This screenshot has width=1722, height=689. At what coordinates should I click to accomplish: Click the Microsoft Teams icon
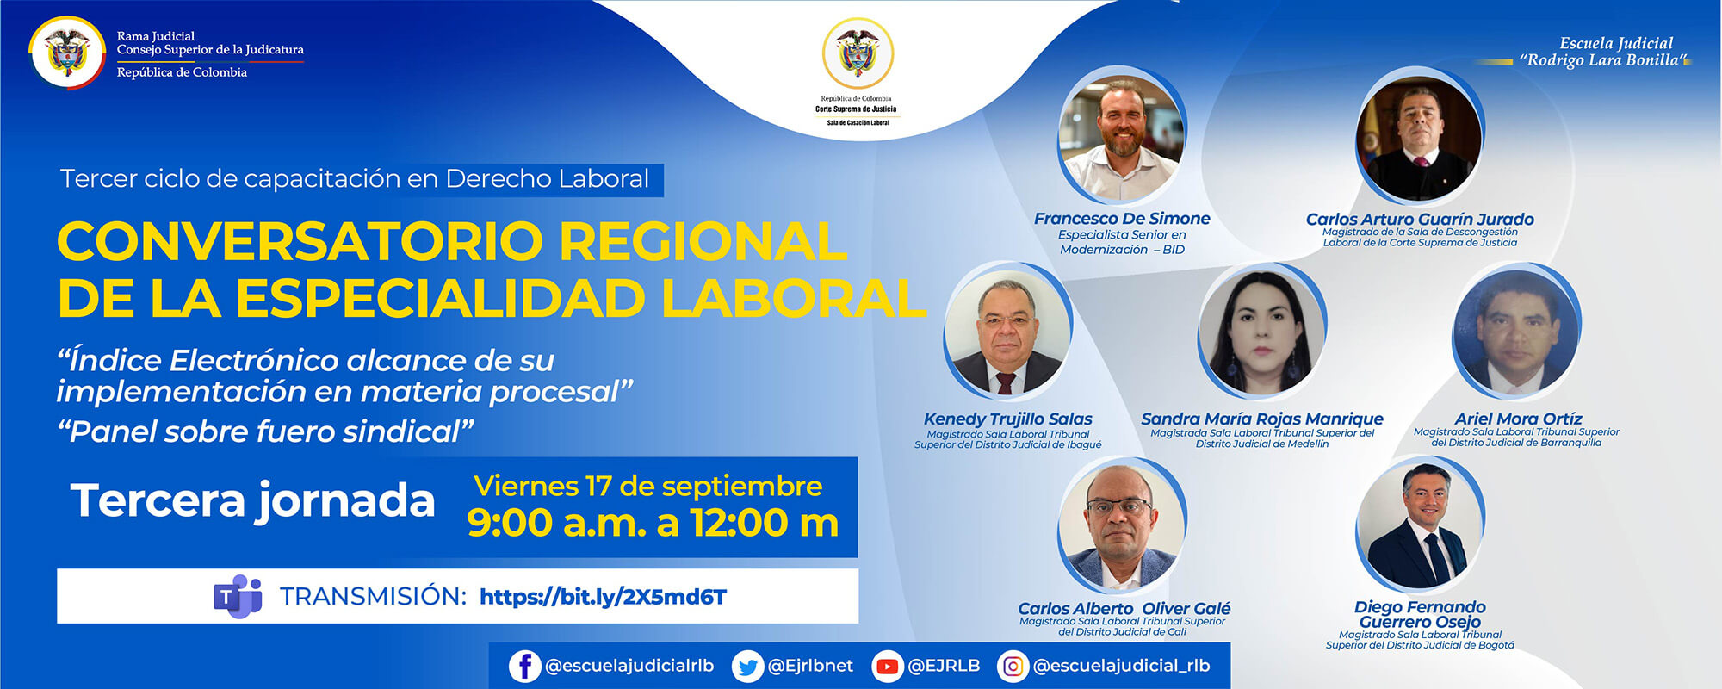click(x=238, y=596)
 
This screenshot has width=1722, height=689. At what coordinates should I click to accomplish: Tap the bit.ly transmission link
click(x=603, y=597)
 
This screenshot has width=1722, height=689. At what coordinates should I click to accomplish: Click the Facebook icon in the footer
click(x=524, y=666)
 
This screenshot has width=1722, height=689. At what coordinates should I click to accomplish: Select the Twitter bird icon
click(x=747, y=667)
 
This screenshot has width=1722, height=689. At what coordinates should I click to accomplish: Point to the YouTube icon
click(x=886, y=667)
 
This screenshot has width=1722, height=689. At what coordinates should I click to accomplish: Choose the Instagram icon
click(x=1013, y=667)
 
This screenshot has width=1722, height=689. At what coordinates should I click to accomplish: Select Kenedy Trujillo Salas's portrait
click(x=1007, y=332)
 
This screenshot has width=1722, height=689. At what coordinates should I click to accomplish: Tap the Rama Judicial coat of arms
click(x=67, y=52)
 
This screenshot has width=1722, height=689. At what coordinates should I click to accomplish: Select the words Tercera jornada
click(x=253, y=500)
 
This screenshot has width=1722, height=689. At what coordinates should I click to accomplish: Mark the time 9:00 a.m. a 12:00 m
click(x=653, y=523)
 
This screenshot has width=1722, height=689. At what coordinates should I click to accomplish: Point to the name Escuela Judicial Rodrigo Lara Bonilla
click(x=1602, y=52)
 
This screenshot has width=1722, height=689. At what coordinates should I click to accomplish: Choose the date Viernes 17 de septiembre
click(x=647, y=487)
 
